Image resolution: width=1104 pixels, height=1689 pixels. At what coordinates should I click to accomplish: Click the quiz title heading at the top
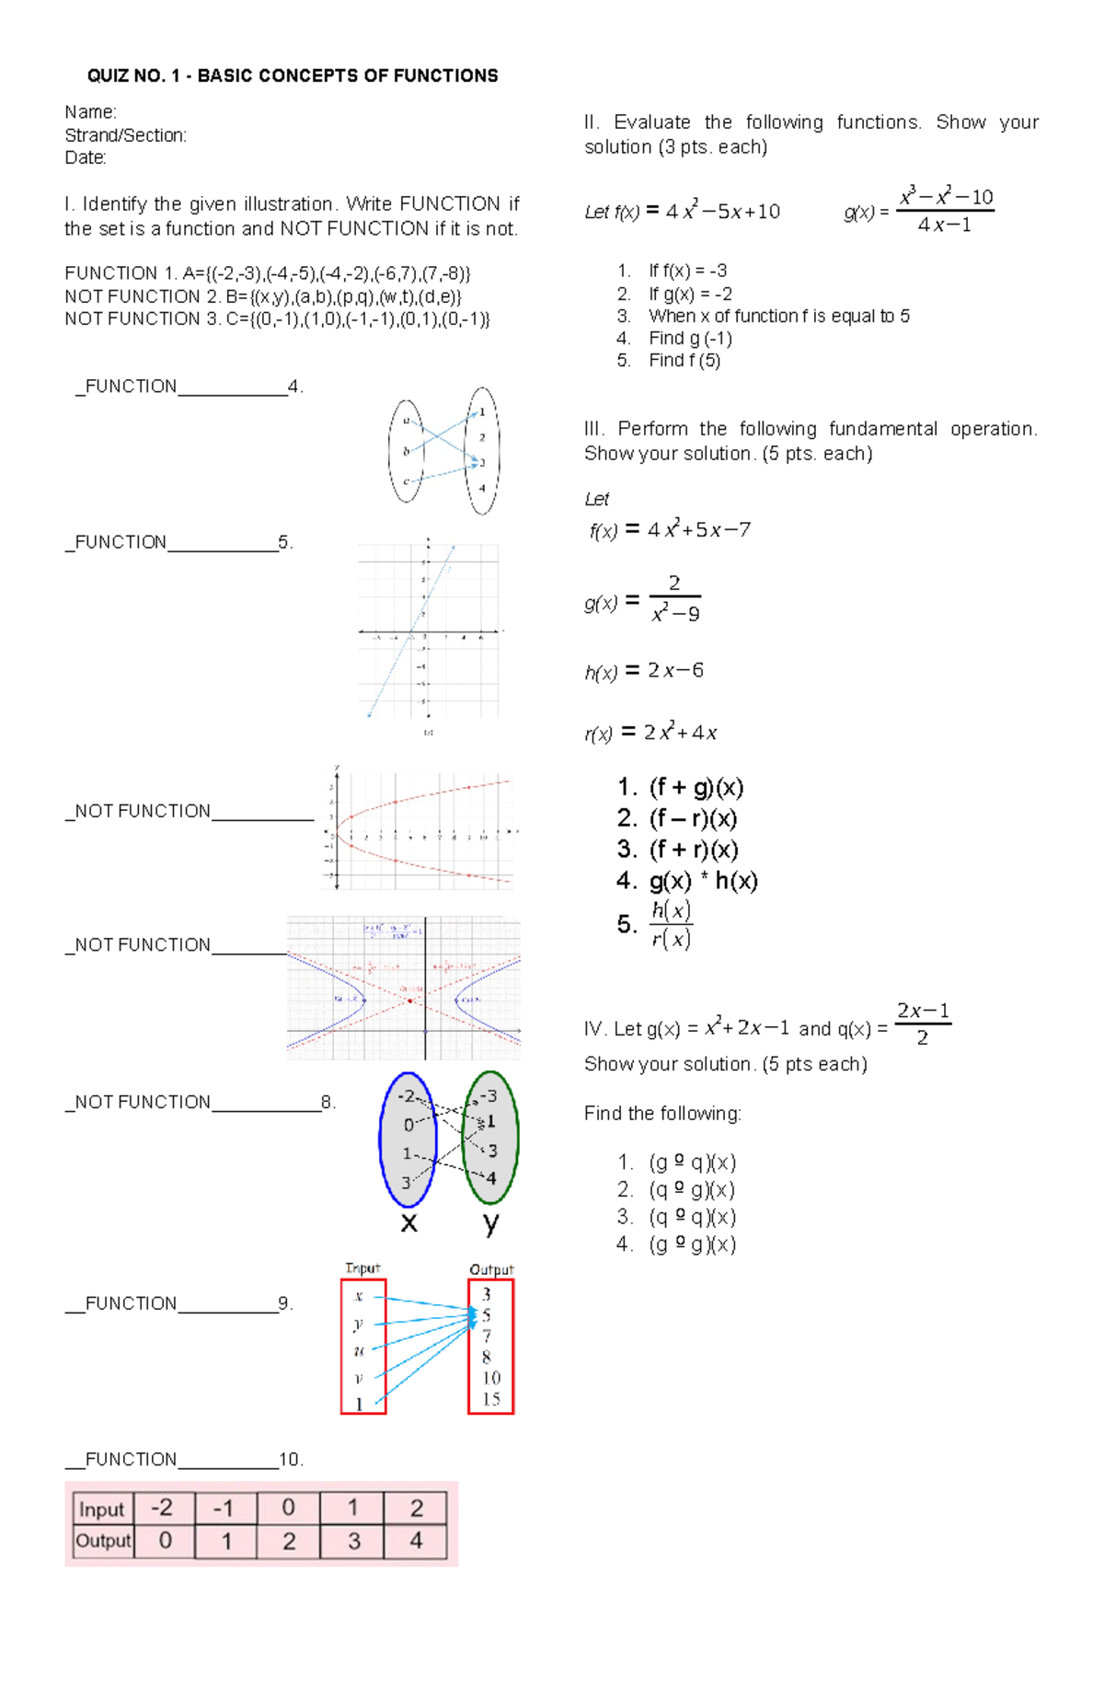(293, 75)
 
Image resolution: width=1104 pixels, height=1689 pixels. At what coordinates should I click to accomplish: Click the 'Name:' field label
(90, 112)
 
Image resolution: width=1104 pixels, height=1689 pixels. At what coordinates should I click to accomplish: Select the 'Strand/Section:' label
(125, 135)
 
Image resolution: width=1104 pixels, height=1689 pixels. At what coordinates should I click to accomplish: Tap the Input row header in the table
(102, 1509)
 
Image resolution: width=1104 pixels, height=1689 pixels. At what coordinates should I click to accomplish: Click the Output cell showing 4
(416, 1541)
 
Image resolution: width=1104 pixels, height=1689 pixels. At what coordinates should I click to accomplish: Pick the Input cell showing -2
(162, 1508)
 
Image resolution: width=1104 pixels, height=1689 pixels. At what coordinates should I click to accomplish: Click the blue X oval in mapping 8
(408, 1139)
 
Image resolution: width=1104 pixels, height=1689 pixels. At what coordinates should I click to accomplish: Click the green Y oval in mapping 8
(490, 1139)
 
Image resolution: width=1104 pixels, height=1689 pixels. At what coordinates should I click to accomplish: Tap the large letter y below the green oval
(491, 1223)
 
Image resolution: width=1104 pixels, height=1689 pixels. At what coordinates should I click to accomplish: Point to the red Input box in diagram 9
(362, 1346)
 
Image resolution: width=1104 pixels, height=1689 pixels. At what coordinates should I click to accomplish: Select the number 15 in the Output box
(491, 1399)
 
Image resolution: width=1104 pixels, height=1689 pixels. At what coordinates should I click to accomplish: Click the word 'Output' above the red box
(491, 1269)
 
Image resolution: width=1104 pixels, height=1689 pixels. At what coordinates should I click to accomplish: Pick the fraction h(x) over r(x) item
(671, 924)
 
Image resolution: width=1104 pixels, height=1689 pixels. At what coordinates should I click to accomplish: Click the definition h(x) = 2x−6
(644, 671)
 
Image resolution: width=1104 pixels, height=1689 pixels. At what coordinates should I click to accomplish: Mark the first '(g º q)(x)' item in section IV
(692, 1163)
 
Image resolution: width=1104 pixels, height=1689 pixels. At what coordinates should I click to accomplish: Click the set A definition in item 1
(326, 273)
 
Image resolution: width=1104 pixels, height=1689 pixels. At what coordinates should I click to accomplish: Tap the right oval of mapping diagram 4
(482, 451)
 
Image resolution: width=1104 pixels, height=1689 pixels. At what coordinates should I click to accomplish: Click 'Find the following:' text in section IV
(662, 1114)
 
